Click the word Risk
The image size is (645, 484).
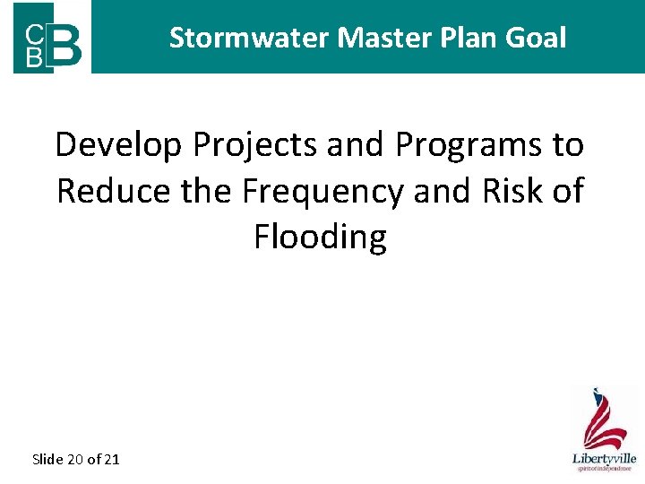click(x=503, y=191)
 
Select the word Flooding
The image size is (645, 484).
click(x=320, y=238)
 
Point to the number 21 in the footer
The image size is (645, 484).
click(x=111, y=460)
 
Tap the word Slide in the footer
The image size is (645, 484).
click(x=47, y=460)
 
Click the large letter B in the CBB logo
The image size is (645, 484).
click(x=67, y=44)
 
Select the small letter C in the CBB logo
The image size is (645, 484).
click(x=32, y=35)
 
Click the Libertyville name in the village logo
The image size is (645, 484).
click(x=603, y=458)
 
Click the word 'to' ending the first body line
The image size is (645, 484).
click(x=568, y=144)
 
